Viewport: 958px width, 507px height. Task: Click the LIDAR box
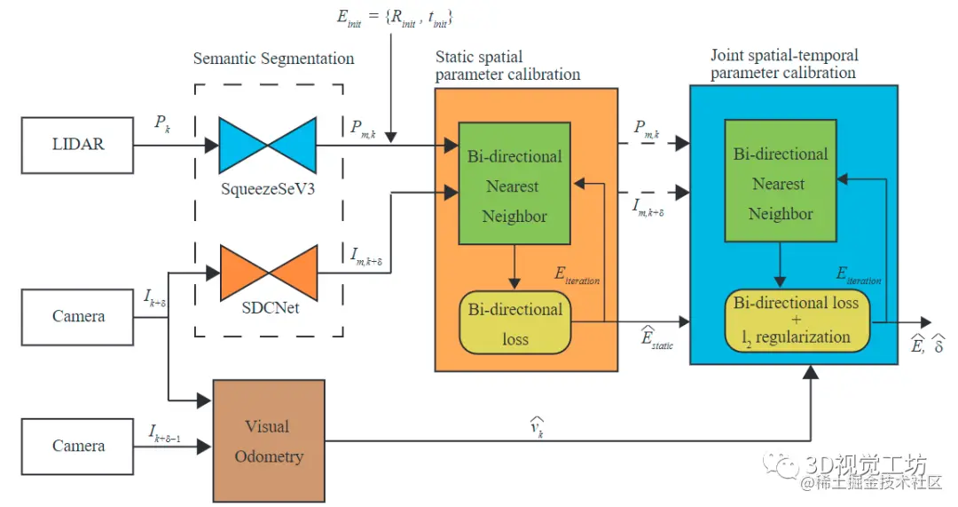tap(78, 144)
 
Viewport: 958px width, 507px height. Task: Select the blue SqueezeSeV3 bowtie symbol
tap(267, 144)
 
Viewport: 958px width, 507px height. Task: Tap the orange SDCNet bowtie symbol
tap(267, 273)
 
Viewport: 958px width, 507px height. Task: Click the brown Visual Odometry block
tap(267, 441)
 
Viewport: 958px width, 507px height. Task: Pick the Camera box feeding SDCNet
tap(78, 316)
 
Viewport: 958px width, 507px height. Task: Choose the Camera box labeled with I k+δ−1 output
tap(78, 446)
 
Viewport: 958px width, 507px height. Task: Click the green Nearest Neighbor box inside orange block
tap(514, 186)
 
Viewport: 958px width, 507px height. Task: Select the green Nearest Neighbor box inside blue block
tap(781, 184)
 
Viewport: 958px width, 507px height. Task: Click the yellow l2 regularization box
tap(796, 320)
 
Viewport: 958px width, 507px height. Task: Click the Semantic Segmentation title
tap(273, 59)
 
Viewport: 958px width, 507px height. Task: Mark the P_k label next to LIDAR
tap(162, 125)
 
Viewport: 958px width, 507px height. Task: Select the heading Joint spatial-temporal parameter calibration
tap(784, 64)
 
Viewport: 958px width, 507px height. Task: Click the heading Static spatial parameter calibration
tap(507, 66)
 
